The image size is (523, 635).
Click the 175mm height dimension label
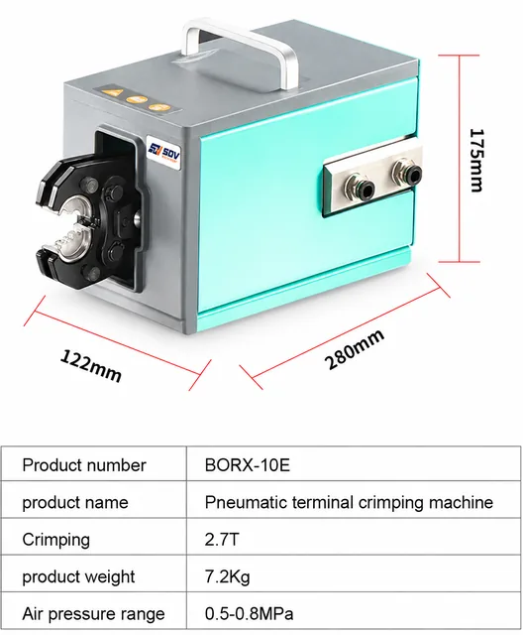click(476, 160)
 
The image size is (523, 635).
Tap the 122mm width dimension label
click(91, 365)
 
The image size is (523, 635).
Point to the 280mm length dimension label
click(354, 348)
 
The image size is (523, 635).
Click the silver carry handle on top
click(242, 51)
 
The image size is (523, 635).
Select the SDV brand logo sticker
click(164, 153)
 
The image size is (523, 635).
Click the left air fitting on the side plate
click(359, 187)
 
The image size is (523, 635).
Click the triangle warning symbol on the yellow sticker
click(113, 92)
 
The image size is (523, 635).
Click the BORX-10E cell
click(248, 465)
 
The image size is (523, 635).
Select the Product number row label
click(83, 465)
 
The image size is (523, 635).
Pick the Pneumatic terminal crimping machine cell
click(349, 502)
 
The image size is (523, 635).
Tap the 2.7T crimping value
click(222, 540)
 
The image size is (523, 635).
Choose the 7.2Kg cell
click(227, 576)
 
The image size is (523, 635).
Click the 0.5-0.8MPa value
click(249, 614)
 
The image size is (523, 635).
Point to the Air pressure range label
click(93, 614)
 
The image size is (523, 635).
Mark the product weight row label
click(78, 577)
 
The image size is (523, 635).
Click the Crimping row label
click(55, 540)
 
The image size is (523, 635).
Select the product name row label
click(75, 503)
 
